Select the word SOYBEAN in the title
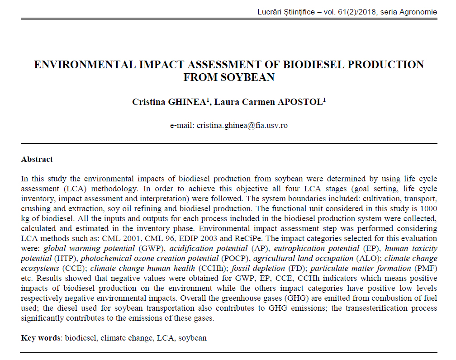[x=229, y=77]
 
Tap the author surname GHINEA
[x=185, y=102]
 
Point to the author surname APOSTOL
[x=300, y=102]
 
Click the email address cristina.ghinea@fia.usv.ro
[x=242, y=125]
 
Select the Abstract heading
[x=37, y=159]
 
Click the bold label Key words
[x=41, y=338]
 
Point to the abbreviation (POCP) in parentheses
[x=237, y=258]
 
